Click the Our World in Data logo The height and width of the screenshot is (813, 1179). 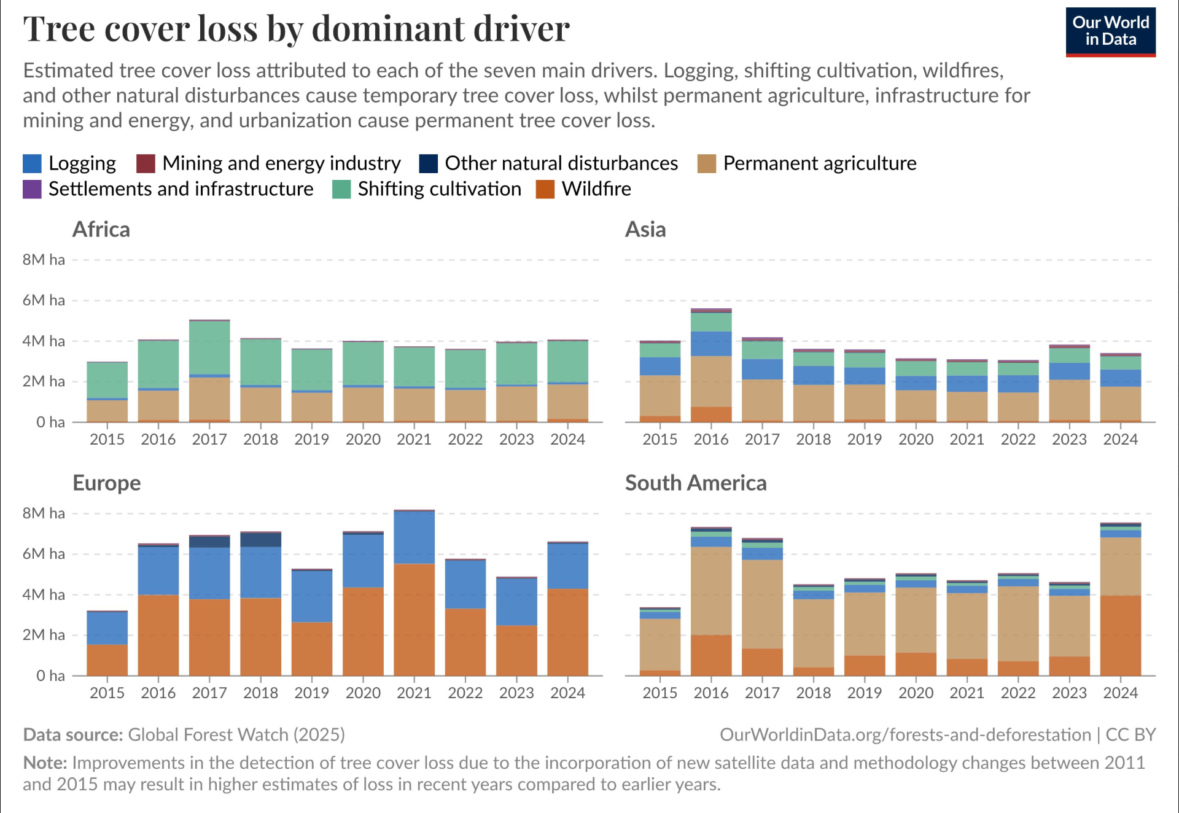click(x=1110, y=32)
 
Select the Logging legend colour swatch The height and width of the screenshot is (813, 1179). click(x=32, y=163)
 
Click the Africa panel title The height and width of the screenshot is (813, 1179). click(x=101, y=230)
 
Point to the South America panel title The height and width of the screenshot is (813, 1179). click(x=696, y=483)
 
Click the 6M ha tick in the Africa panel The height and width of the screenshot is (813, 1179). click(x=44, y=300)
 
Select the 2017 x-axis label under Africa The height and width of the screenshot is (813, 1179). click(x=209, y=440)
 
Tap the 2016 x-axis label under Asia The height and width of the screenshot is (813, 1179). click(x=711, y=440)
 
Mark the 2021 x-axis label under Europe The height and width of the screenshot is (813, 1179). click(x=414, y=693)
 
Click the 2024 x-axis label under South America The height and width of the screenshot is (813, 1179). click(x=1120, y=693)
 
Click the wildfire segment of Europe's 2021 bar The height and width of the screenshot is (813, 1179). click(x=414, y=620)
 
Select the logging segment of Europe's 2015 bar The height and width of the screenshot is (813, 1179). click(x=107, y=628)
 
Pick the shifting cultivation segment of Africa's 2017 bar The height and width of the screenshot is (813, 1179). click(x=209, y=348)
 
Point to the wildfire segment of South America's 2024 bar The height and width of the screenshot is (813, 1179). click(x=1120, y=636)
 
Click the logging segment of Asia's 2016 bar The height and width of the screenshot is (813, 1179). click(x=711, y=344)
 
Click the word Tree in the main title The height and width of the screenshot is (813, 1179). click(x=58, y=29)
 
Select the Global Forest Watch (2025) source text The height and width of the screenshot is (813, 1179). click(x=236, y=735)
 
